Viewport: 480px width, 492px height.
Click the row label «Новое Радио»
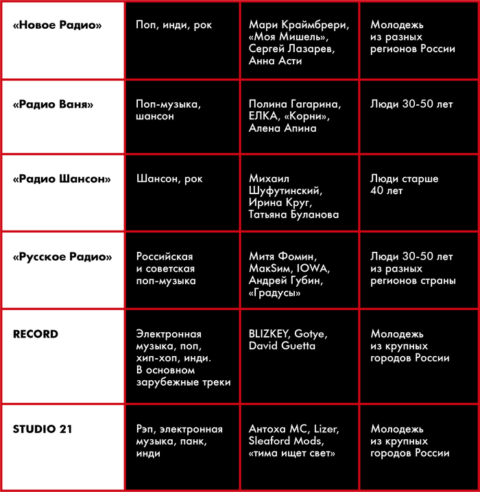point(58,25)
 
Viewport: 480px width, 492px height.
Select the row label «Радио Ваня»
point(53,104)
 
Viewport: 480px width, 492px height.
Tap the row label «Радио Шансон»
point(62,178)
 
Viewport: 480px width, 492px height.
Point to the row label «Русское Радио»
point(62,257)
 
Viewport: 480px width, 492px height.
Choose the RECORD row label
point(36,334)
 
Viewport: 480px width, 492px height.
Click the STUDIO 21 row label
point(43,429)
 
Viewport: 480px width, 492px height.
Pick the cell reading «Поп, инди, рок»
point(174,25)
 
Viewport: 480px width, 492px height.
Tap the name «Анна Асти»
point(276,61)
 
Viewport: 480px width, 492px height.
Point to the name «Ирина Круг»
point(280,202)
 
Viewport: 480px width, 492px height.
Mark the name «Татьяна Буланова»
point(294,215)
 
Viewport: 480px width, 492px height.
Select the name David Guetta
point(283,346)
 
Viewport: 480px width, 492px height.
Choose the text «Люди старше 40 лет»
point(404,185)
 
